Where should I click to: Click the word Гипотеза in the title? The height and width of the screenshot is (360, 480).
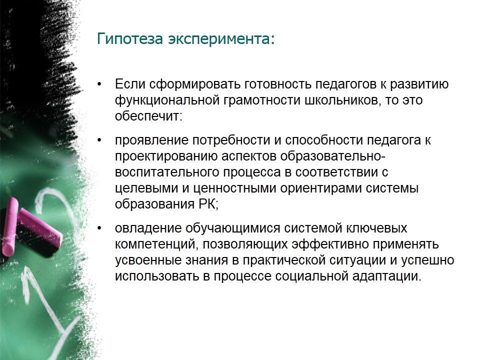130,39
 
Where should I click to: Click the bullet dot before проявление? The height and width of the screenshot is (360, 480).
99,140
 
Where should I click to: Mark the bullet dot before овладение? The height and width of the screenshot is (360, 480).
99,228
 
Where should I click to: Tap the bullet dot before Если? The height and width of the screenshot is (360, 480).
99,84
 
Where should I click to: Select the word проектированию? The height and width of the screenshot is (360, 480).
166,156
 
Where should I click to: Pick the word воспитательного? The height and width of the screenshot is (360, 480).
167,172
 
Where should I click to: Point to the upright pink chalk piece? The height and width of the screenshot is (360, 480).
9,226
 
